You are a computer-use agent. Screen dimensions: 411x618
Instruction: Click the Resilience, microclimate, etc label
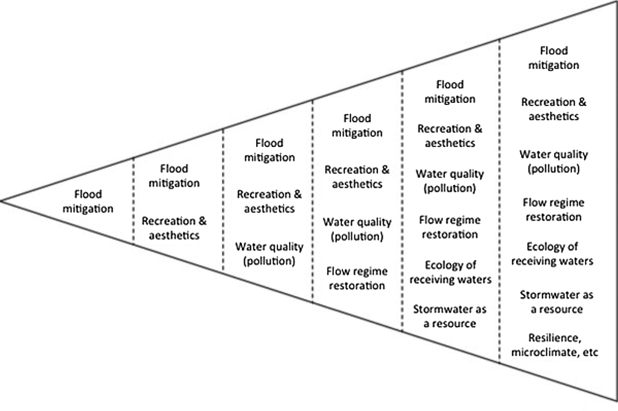pyautogui.click(x=554, y=345)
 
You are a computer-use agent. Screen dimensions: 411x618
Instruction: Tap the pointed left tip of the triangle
pyautogui.click(x=2, y=201)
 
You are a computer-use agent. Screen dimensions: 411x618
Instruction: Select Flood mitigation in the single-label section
pyautogui.click(x=88, y=201)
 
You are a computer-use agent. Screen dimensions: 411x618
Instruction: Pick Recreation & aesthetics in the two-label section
pyautogui.click(x=174, y=228)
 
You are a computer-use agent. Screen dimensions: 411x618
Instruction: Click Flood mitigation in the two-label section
pyautogui.click(x=174, y=176)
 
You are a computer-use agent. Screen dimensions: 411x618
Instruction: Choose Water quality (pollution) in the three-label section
pyautogui.click(x=269, y=254)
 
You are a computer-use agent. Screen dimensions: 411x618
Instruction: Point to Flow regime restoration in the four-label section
pyautogui.click(x=357, y=278)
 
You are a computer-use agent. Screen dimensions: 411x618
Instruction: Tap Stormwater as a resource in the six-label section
pyautogui.click(x=450, y=316)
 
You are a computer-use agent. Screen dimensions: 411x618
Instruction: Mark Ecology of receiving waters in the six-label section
pyautogui.click(x=450, y=272)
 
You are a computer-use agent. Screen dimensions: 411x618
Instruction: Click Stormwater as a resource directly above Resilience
pyautogui.click(x=556, y=302)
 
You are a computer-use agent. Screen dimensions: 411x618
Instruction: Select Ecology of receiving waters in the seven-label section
pyautogui.click(x=552, y=254)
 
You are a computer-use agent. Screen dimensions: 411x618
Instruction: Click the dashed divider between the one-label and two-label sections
pyautogui.click(x=133, y=200)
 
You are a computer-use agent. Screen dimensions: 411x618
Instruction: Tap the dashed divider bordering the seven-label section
pyautogui.click(x=499, y=200)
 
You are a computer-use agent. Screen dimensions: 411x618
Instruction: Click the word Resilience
pyautogui.click(x=554, y=338)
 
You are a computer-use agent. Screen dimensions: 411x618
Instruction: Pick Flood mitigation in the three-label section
pyautogui.click(x=269, y=150)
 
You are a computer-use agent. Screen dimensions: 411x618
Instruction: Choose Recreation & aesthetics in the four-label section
pyautogui.click(x=357, y=177)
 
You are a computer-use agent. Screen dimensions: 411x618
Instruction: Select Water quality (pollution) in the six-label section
pyautogui.click(x=450, y=181)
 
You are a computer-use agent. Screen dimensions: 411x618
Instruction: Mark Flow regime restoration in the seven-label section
pyautogui.click(x=554, y=210)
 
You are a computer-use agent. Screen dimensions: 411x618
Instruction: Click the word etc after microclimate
pyautogui.click(x=590, y=353)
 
